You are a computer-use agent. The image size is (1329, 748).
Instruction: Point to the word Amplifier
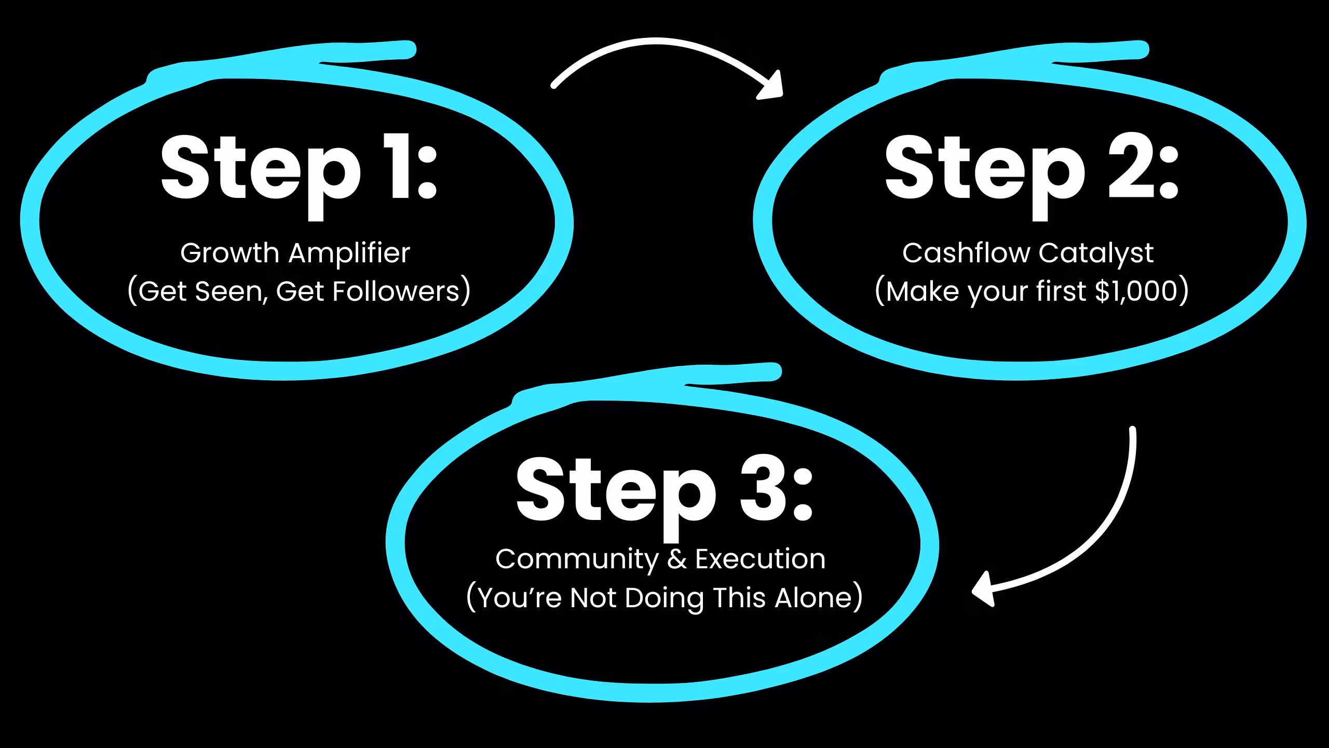point(349,253)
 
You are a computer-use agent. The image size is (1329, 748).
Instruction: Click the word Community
point(577,559)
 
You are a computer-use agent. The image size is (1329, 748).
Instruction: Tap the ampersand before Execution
point(676,559)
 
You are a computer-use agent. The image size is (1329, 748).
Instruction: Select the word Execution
point(760,559)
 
